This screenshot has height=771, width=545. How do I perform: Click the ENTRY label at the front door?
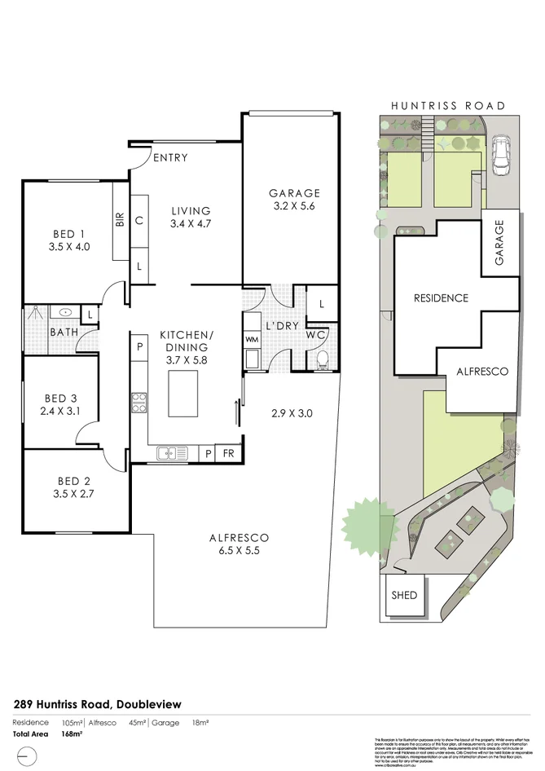pos(169,157)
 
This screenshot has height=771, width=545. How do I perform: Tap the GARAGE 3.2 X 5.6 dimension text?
pos(294,207)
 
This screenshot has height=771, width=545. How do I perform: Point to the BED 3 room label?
pos(60,405)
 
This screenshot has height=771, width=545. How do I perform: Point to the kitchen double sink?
pos(172,453)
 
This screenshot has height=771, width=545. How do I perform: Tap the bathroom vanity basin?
pos(64,313)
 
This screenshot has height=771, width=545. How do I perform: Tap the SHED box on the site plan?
pos(404,595)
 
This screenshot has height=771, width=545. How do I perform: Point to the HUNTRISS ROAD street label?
pos(447,106)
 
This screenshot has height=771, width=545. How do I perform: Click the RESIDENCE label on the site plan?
pos(441,298)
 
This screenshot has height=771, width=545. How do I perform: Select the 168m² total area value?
pos(73,734)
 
